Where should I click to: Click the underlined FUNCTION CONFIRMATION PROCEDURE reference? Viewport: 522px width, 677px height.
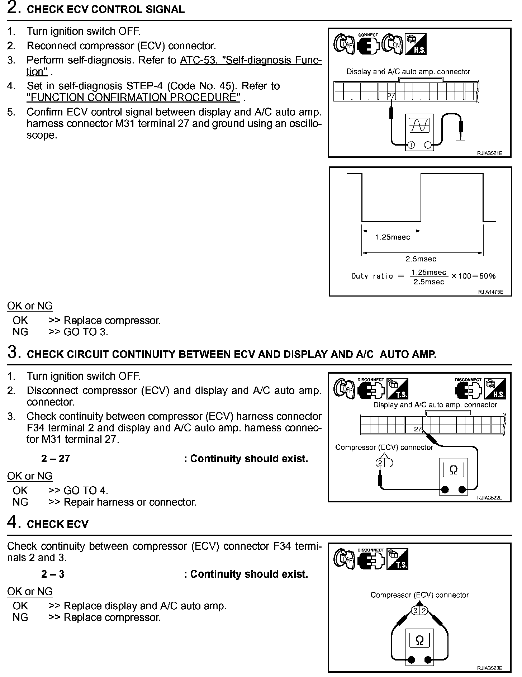point(133,97)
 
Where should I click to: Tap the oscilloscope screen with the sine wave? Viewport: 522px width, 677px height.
point(419,125)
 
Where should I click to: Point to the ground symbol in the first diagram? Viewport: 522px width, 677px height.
point(461,143)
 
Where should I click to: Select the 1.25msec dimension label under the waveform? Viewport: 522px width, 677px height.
point(392,237)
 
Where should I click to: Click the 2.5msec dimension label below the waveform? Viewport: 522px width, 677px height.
point(421,259)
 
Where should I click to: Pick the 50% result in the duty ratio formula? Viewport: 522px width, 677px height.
point(488,276)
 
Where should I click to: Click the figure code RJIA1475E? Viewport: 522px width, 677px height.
point(490,292)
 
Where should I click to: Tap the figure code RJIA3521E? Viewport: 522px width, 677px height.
point(489,153)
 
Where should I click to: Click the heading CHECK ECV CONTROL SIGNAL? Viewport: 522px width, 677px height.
point(106,9)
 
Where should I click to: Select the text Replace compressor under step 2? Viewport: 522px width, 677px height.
point(112,320)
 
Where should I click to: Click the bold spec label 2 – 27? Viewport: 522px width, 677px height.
point(56,459)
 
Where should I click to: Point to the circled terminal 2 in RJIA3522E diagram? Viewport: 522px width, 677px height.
point(380,463)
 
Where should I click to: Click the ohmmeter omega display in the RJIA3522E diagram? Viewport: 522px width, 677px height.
point(454,470)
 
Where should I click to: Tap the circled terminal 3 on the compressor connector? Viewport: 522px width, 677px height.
point(416,611)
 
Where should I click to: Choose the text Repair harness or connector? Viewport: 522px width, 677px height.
point(130,502)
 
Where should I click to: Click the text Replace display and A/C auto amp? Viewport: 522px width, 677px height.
point(145,606)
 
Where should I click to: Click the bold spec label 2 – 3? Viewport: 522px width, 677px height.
point(53,574)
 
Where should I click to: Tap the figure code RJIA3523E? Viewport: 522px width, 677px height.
point(489,668)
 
